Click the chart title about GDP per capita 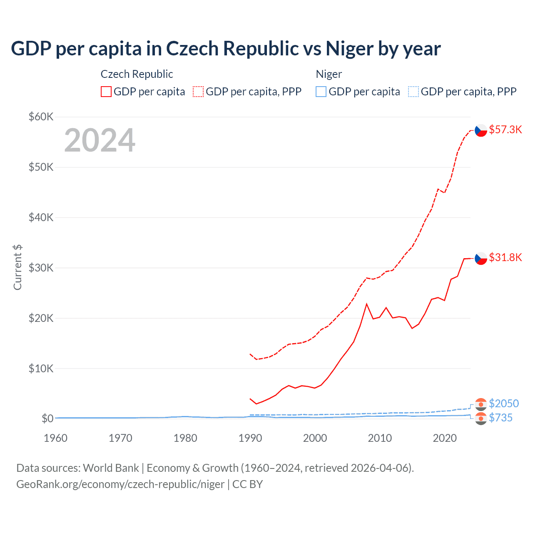pos(225,49)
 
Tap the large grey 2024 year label pos(100,140)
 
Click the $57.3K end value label pos(505,130)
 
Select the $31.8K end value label pos(505,257)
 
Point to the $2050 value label pos(503,403)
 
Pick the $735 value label pos(501,418)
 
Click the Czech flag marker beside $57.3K pos(481,130)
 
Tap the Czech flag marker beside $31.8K pos(481,258)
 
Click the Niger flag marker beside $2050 pos(481,404)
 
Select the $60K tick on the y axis pos(41,117)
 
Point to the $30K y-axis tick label pos(41,268)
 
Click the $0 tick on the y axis pos(47,418)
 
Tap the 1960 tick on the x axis pos(55,438)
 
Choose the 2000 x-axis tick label pos(315,438)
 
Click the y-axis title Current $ pos(17,267)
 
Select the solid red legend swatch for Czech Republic pos(106,92)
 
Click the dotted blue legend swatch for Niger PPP pos(413,92)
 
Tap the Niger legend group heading pos(329,74)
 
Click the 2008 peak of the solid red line pos(366,304)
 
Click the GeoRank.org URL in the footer pos(120,484)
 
